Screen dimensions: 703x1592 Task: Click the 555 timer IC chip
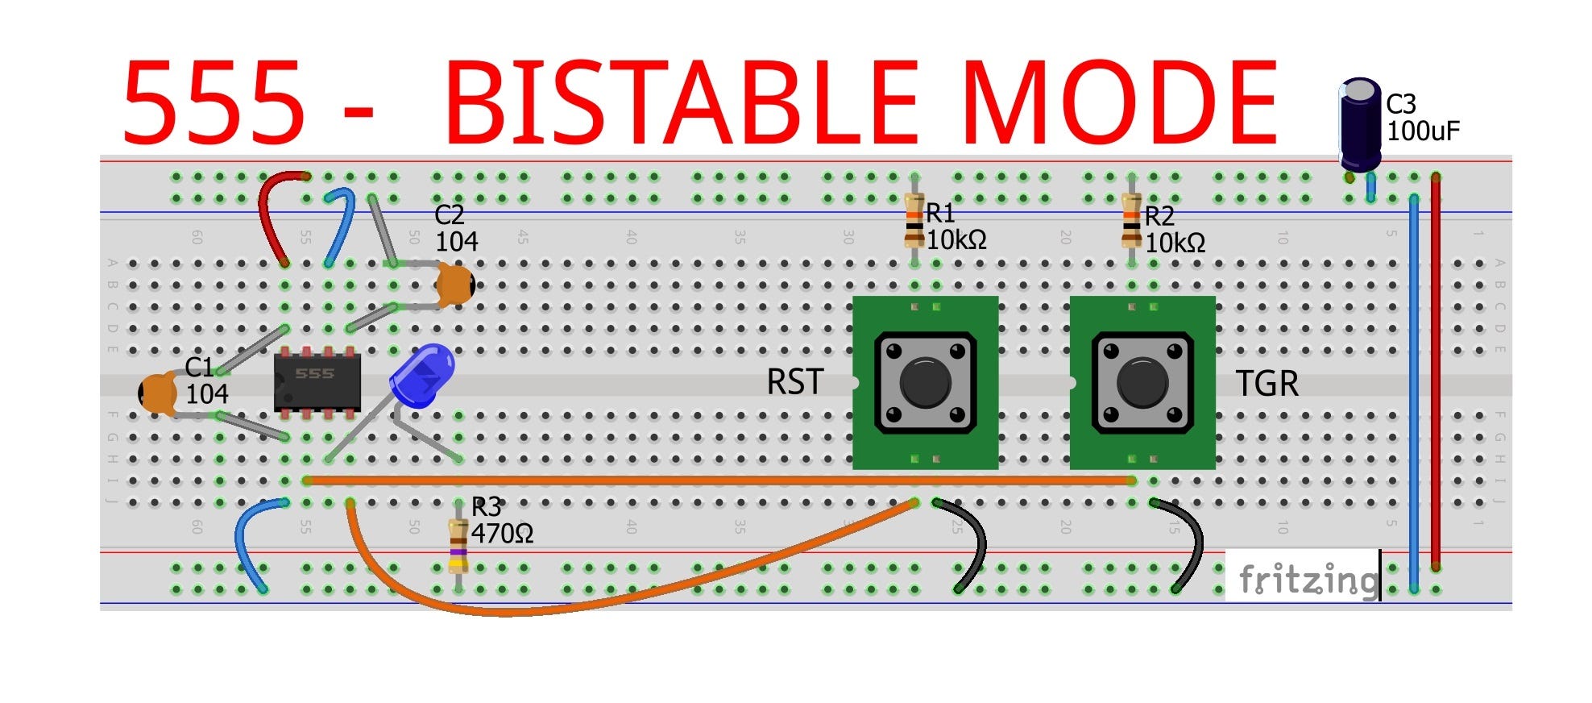pos(317,382)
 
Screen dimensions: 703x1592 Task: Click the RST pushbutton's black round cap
pos(925,383)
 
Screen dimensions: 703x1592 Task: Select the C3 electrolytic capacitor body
pos(1361,125)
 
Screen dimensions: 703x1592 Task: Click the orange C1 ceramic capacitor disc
pos(159,393)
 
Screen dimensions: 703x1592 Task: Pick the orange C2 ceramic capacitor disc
pos(455,285)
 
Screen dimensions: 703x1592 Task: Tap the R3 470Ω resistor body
pos(458,546)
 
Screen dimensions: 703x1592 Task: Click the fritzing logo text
pos(1307,579)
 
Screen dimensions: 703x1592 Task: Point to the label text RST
pos(794,382)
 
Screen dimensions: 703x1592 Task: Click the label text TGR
pos(1267,384)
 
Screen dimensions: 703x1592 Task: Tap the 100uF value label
pos(1422,131)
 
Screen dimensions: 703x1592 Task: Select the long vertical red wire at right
pos(1436,371)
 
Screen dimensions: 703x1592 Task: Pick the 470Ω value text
pos(502,534)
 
